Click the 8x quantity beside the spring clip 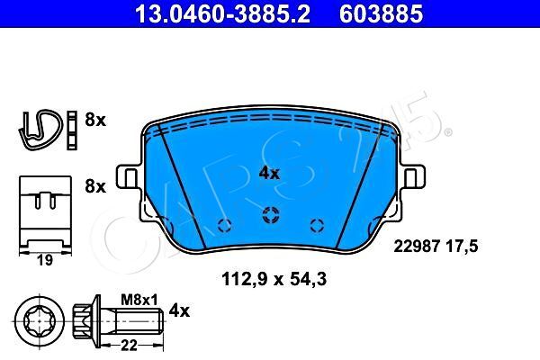click(x=94, y=118)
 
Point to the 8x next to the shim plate click(x=94, y=187)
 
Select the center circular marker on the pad click(x=269, y=214)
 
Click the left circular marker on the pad click(x=224, y=225)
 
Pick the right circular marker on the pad click(x=315, y=225)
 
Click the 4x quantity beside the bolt click(x=179, y=311)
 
